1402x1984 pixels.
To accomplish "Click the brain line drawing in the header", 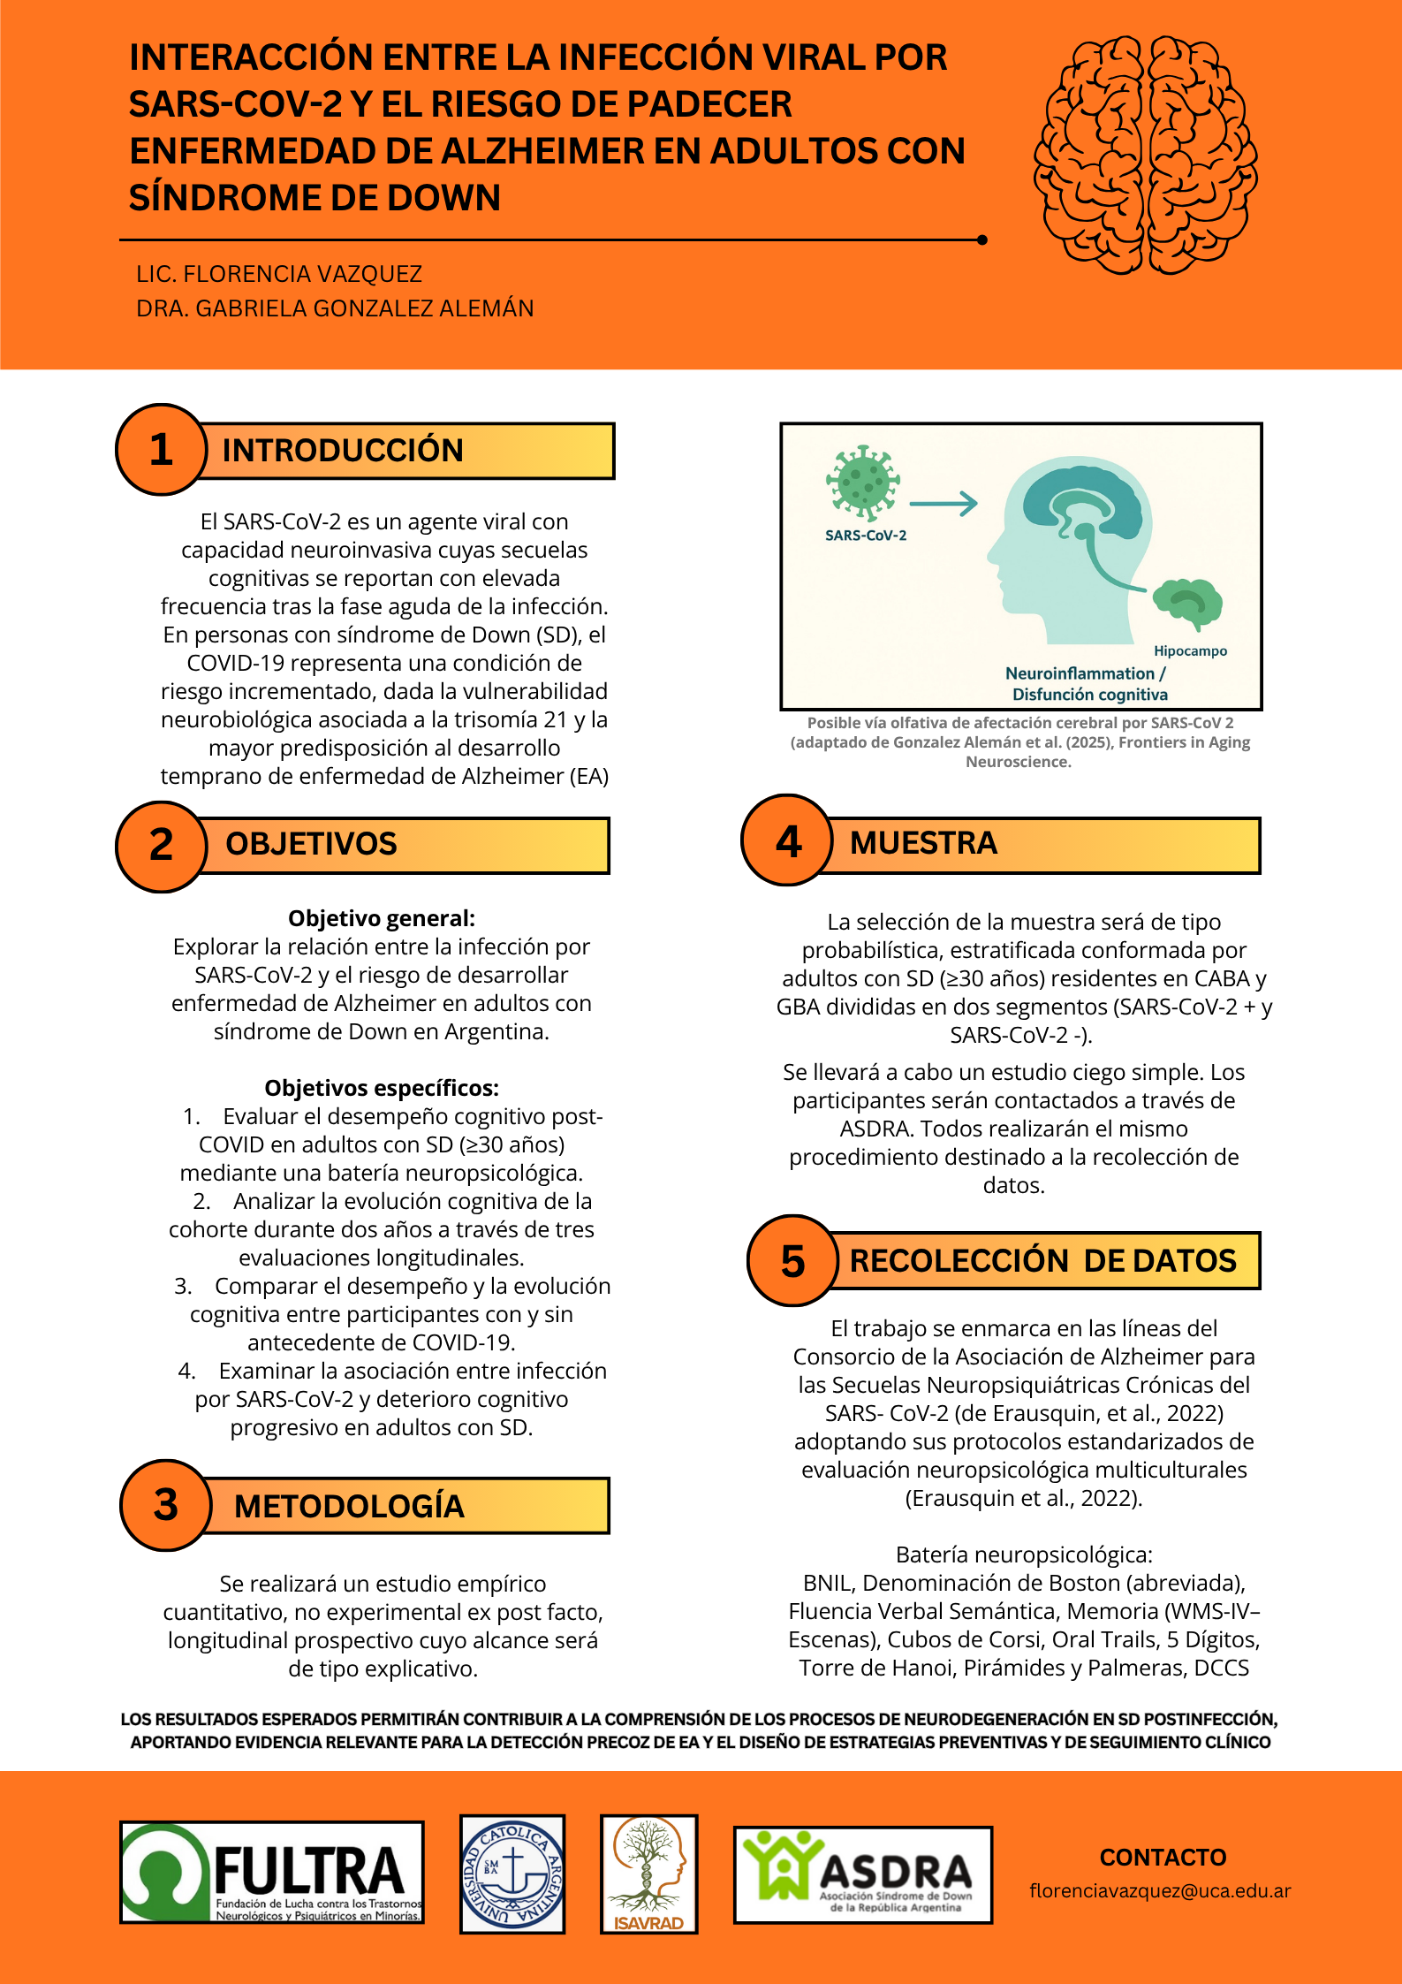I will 1145,154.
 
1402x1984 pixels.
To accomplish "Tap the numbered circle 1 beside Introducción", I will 161,450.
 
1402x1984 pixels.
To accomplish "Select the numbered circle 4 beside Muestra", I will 787,840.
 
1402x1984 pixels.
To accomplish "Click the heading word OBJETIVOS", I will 311,844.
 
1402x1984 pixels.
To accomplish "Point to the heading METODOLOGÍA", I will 349,1506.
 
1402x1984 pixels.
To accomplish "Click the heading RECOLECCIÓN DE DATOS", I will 1042,1260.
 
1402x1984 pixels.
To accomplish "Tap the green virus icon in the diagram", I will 862,482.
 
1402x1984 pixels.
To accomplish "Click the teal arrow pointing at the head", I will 943,504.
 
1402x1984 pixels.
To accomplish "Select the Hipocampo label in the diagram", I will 1190,651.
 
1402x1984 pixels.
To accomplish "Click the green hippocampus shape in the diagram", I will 1188,602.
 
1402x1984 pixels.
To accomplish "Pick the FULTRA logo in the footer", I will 272,1872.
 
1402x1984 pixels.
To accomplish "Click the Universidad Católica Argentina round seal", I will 512,1872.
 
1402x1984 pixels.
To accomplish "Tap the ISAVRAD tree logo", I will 648,1872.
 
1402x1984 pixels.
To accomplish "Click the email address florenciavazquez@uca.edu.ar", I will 1160,1890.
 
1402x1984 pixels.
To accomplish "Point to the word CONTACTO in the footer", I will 1163,1857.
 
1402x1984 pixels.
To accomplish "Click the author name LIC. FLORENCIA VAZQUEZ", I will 279,274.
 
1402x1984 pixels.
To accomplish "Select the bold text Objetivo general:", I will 382,918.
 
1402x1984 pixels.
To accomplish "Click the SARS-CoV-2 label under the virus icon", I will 866,536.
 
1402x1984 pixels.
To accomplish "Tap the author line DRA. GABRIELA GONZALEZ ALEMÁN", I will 335,308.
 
